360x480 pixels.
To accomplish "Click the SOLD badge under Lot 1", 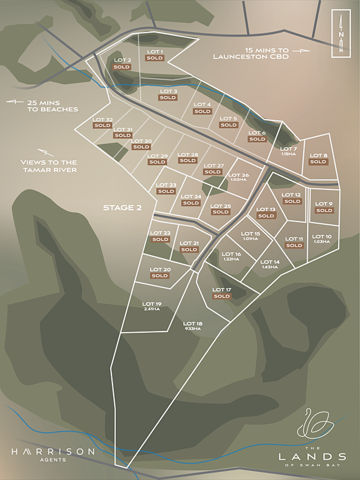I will (x=154, y=58).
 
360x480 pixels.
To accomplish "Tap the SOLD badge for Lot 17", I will (x=222, y=296).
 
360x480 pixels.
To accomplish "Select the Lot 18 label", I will (x=192, y=323).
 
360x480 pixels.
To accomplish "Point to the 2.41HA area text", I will (x=152, y=309).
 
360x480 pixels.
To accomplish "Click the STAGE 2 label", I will (x=122, y=207).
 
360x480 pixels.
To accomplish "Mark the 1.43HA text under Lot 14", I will (x=270, y=267).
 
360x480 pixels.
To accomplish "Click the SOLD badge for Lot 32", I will (x=102, y=125).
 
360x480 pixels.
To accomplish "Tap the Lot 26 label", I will (x=238, y=175).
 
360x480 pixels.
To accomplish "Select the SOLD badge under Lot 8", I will (x=318, y=162).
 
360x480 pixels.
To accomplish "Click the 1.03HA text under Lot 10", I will (x=322, y=242).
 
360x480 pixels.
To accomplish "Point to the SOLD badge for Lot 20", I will (x=160, y=275).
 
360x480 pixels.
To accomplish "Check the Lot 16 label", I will (x=231, y=254).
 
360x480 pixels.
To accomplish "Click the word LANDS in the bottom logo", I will (x=312, y=455).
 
